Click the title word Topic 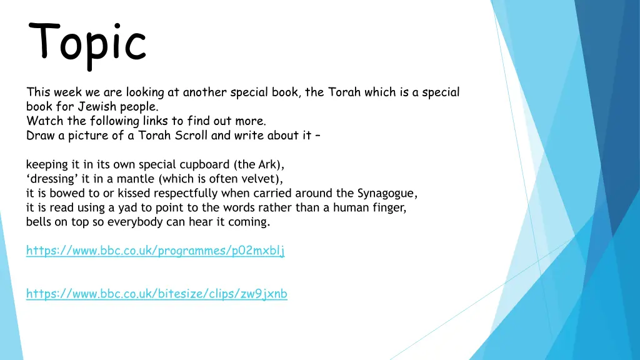tap(88, 42)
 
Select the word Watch tap(46, 121)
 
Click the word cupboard tap(204, 165)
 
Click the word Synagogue tap(386, 193)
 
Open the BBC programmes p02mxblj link tap(155, 251)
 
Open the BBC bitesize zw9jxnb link tap(156, 294)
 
